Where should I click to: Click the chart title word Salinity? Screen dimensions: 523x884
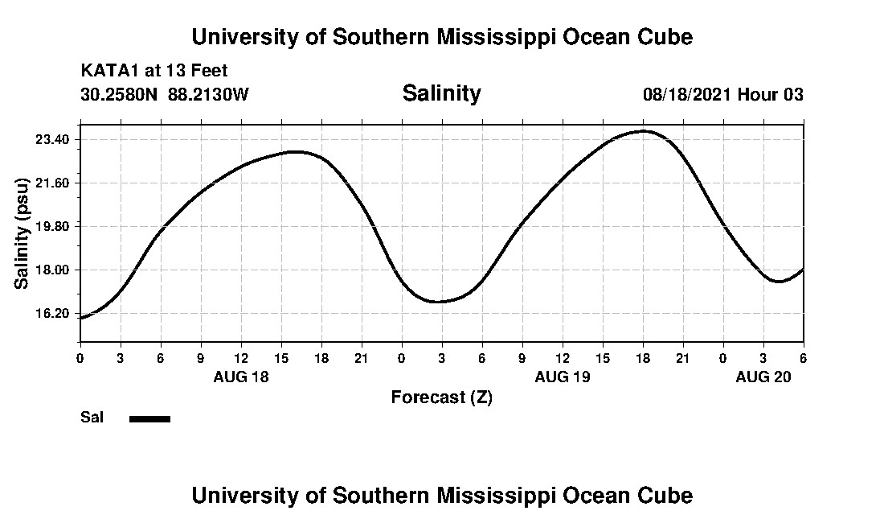pyautogui.click(x=441, y=93)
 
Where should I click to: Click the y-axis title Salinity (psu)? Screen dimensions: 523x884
pyautogui.click(x=23, y=233)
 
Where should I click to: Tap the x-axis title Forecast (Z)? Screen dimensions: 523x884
pyautogui.click(x=441, y=397)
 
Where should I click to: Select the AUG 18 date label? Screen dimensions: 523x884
pyautogui.click(x=241, y=377)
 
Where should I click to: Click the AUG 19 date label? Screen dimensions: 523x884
pyautogui.click(x=563, y=377)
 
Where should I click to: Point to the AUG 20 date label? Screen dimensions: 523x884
pyautogui.click(x=763, y=377)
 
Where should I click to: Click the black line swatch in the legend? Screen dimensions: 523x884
pyautogui.click(x=149, y=418)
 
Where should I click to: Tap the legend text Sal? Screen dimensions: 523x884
pyautogui.click(x=92, y=418)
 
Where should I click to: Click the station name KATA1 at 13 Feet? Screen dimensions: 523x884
pyautogui.click(x=154, y=71)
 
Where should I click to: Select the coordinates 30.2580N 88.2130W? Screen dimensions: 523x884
pyautogui.click(x=165, y=94)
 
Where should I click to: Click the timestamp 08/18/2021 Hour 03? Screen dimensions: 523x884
pyautogui.click(x=722, y=94)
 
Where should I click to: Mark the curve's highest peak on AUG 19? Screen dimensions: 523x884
pyautogui.click(x=643, y=130)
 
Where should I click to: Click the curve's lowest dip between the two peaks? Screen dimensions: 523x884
pyautogui.click(x=436, y=302)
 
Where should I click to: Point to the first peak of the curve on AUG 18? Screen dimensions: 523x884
pyautogui.click(x=296, y=151)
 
